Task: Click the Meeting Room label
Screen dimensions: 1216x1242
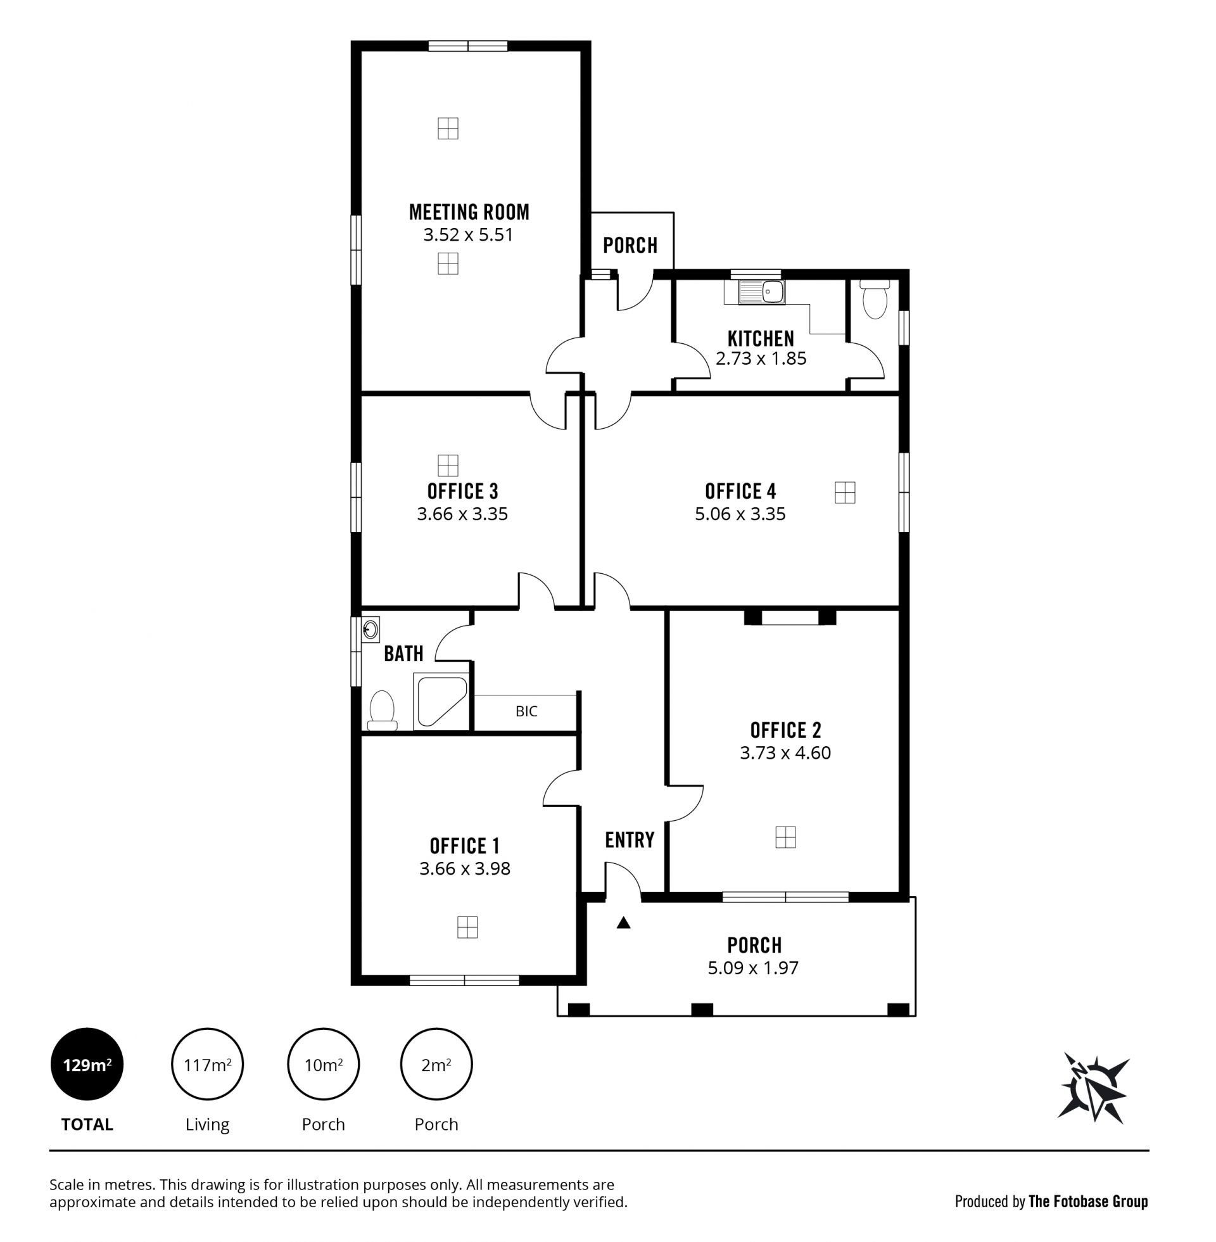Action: click(469, 212)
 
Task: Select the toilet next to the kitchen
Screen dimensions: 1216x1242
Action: click(875, 300)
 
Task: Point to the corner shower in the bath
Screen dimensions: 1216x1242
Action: click(441, 701)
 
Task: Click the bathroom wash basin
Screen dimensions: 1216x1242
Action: click(370, 630)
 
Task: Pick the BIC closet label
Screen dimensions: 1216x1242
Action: click(526, 711)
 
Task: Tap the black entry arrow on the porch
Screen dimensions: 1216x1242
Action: click(624, 923)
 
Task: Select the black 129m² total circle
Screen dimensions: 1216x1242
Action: click(87, 1065)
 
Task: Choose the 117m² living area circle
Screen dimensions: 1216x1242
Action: click(207, 1065)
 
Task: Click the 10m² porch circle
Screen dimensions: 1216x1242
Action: click(323, 1065)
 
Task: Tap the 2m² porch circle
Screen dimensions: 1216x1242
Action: click(436, 1065)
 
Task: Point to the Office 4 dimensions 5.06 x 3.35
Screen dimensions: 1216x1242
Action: click(740, 514)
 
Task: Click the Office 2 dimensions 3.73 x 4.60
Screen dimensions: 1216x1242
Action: click(785, 753)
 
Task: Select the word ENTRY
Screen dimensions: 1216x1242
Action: click(630, 840)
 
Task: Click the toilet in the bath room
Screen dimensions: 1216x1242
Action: click(383, 710)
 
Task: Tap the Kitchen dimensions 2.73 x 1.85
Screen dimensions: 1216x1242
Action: click(761, 359)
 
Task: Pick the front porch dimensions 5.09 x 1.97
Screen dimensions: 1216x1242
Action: click(753, 968)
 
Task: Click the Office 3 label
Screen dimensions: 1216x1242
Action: click(462, 491)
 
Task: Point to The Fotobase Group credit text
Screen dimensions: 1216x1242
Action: click(1088, 1201)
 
